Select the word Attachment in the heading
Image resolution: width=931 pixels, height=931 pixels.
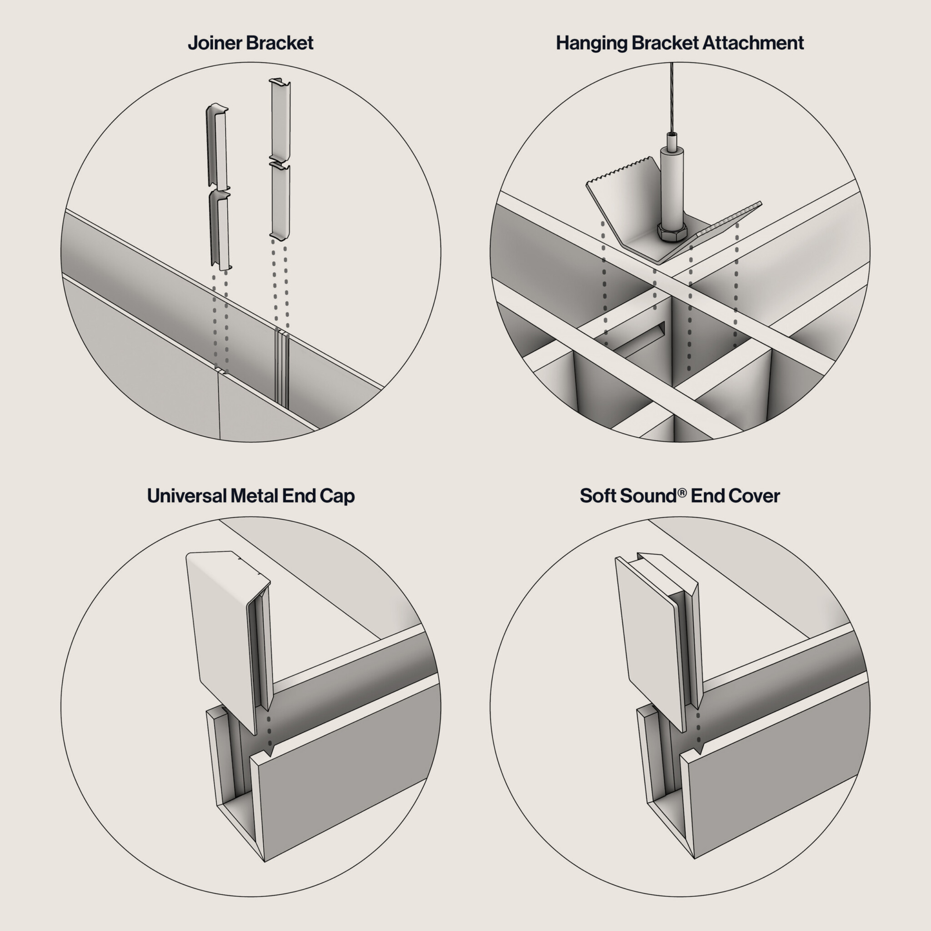753,43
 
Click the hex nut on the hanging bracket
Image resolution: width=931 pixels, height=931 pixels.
672,234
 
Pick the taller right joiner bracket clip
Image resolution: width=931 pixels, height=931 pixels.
280,159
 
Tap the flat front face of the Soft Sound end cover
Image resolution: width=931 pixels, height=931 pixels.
651,641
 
